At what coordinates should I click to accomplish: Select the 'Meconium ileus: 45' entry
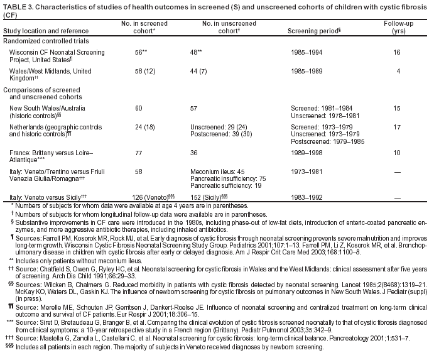[x=217, y=171]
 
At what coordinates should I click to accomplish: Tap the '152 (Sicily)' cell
[x=209, y=197]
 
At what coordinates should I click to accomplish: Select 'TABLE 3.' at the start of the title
[x=18, y=6]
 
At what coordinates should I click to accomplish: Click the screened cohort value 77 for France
[x=139, y=153]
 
